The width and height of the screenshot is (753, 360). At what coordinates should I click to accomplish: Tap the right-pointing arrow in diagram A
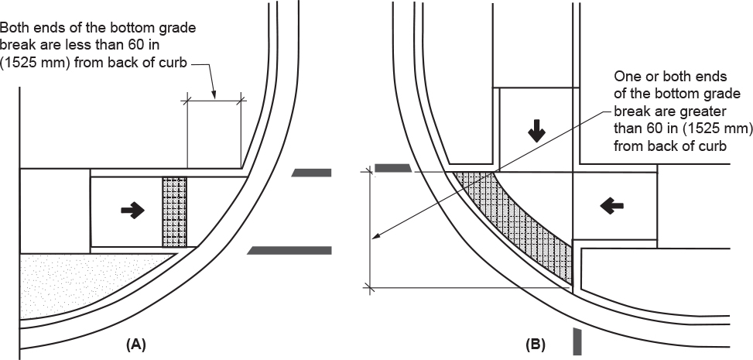pos(132,209)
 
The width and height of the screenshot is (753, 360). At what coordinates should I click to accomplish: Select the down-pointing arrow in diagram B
pos(536,132)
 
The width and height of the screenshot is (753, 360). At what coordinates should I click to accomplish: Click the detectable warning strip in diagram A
pos(175,212)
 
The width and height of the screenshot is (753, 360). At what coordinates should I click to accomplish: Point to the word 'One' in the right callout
pos(626,77)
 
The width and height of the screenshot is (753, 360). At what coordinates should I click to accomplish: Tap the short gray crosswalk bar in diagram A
pos(311,173)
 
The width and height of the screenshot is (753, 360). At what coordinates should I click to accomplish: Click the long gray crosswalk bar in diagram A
pos(290,250)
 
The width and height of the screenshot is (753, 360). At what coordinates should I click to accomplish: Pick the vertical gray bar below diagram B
pos(577,341)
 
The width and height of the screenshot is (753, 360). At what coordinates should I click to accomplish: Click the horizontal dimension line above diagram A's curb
pos(214,98)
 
